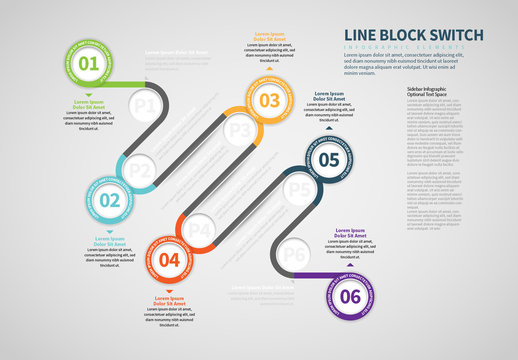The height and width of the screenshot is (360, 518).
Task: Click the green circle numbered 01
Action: (x=89, y=65)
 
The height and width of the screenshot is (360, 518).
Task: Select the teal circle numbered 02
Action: (x=137, y=200)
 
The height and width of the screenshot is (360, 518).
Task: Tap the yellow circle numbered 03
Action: (x=269, y=100)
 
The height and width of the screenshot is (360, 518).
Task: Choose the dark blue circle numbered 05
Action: (x=329, y=158)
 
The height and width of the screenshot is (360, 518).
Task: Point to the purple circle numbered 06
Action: (x=350, y=295)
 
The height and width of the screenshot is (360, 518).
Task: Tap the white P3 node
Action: (x=238, y=130)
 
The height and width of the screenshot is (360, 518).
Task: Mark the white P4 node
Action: (x=201, y=230)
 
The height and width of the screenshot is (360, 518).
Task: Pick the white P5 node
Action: (x=297, y=186)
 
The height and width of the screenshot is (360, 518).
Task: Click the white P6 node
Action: (x=295, y=255)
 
